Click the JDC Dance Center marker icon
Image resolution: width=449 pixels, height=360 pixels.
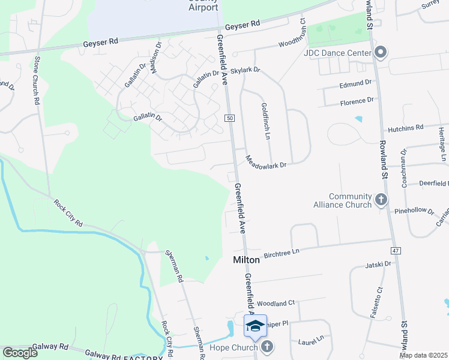pyautogui.click(x=379, y=53)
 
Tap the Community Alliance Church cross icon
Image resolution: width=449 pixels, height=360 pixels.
pyautogui.click(x=380, y=200)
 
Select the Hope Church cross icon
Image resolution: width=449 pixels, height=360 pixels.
pyautogui.click(x=267, y=346)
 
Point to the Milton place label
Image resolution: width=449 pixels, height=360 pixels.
pyautogui.click(x=246, y=260)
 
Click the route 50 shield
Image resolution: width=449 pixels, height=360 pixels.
pyautogui.click(x=230, y=119)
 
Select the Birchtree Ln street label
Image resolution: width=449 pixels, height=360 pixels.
pyautogui.click(x=281, y=253)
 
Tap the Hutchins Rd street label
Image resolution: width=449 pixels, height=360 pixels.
pyautogui.click(x=406, y=128)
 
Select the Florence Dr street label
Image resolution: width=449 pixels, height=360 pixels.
pyautogui.click(x=357, y=102)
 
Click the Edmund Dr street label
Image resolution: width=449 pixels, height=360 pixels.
pyautogui.click(x=355, y=83)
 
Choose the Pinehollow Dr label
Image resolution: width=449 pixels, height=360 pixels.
pyautogui.click(x=414, y=211)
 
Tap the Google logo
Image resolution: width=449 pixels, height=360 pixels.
pyautogui.click(x=20, y=353)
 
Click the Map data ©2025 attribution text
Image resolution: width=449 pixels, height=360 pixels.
pyautogui.click(x=423, y=355)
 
